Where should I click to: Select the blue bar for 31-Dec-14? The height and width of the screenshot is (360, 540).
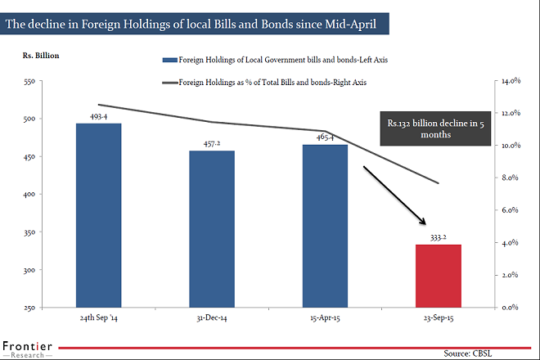(213, 229)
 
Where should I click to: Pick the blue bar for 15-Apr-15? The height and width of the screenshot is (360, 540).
(325, 226)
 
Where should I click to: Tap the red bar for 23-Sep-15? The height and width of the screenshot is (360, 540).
(439, 276)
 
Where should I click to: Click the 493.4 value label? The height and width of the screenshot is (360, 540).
(98, 117)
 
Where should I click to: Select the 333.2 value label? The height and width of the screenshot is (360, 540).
(439, 237)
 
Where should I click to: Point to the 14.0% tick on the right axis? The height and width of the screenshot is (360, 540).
(511, 81)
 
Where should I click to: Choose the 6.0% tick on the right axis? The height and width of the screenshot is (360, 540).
(511, 210)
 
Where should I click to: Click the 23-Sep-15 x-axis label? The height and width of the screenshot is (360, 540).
(439, 316)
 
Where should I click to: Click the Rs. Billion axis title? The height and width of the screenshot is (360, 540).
(40, 56)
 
